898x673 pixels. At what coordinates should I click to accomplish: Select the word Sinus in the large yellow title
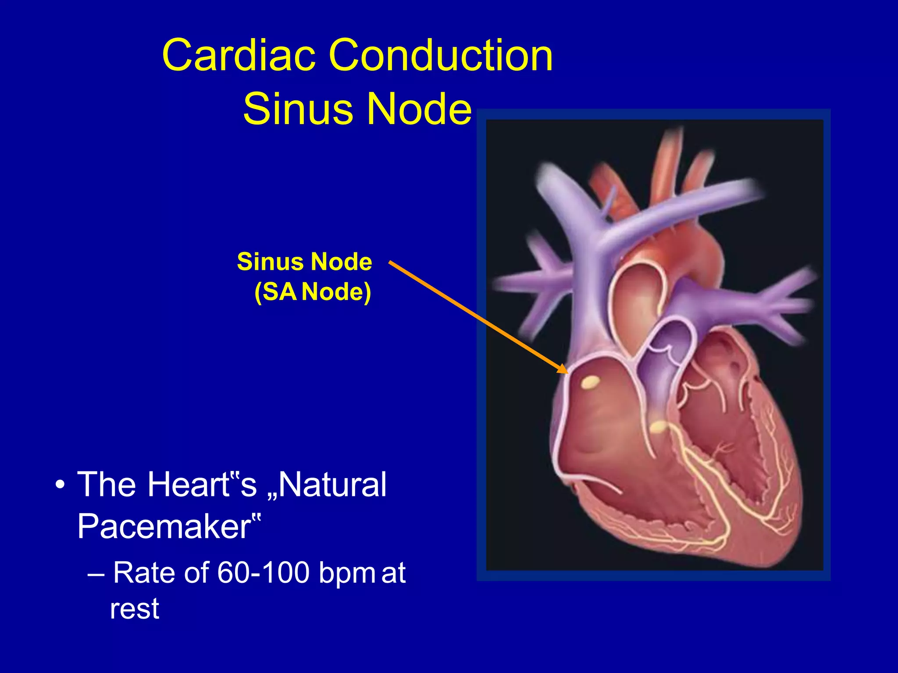tap(299, 109)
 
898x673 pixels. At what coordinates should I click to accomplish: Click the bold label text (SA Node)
tap(313, 291)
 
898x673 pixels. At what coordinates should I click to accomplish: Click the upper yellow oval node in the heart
tap(590, 383)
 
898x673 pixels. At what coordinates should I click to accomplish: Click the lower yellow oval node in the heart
tap(658, 426)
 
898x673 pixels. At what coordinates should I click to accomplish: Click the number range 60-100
tap(263, 573)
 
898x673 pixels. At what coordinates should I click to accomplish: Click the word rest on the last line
tap(134, 609)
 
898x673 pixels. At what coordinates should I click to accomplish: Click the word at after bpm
tap(393, 573)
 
